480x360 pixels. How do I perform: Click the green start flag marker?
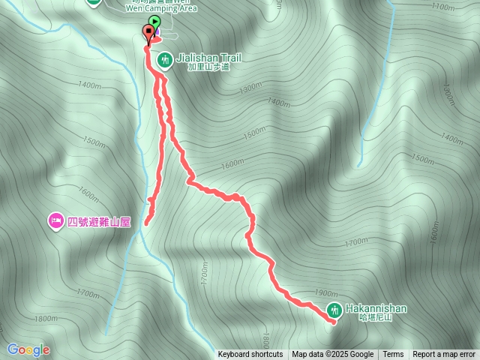[154, 22]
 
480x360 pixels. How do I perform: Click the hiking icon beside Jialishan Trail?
[165, 58]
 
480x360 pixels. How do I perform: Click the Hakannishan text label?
[376, 308]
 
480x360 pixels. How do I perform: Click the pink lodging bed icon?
[55, 221]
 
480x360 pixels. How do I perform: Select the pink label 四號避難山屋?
[99, 222]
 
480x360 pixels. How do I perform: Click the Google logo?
[28, 349]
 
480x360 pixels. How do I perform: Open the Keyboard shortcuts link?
[250, 355]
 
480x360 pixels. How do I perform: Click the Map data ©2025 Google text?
[333, 355]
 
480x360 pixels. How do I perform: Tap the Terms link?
[393, 355]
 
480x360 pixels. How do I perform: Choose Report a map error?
[444, 355]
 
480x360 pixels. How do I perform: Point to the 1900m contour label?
[326, 293]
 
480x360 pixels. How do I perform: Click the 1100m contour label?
[444, 7]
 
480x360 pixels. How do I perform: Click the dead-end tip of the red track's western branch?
[145, 223]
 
